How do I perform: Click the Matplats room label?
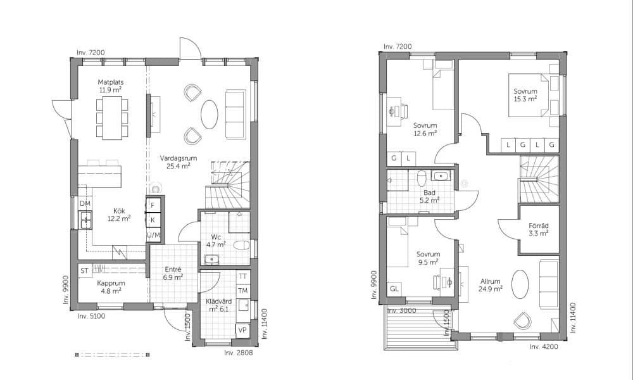click(111, 82)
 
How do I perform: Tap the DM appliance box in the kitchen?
click(85, 203)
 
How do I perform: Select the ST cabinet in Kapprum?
click(84, 270)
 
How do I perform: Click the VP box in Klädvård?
click(242, 330)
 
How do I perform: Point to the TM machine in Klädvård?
click(242, 291)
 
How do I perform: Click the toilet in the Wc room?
click(242, 245)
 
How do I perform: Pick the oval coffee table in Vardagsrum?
click(210, 114)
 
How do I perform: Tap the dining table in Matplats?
click(112, 118)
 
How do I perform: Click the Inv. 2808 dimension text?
click(238, 353)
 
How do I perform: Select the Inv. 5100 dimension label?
click(91, 316)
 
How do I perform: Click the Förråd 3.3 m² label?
click(539, 229)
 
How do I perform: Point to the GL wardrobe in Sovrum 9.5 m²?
click(394, 289)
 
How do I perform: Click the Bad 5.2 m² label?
click(429, 196)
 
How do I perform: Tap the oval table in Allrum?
click(520, 284)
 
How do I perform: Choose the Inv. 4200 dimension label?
click(544, 346)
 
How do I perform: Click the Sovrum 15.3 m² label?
click(525, 95)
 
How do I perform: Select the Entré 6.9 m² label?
click(173, 273)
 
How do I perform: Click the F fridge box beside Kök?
click(153, 205)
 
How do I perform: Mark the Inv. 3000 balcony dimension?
click(402, 310)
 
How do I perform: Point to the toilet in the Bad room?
click(422, 178)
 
